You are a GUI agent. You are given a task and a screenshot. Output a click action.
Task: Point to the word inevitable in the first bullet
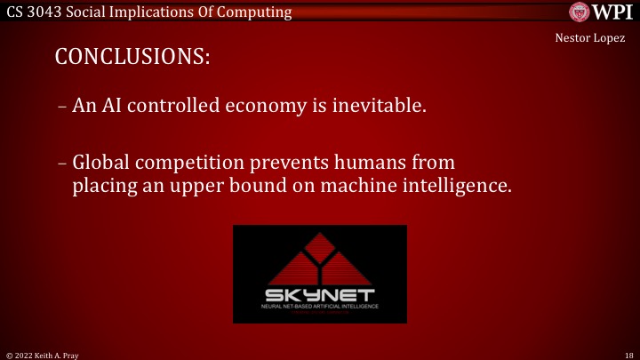coord(381,107)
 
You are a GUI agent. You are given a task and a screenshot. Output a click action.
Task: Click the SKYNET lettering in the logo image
coord(319,294)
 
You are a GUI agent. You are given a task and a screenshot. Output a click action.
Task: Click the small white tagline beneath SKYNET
coord(319,307)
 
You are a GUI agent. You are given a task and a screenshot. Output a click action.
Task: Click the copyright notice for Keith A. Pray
coord(42,353)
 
